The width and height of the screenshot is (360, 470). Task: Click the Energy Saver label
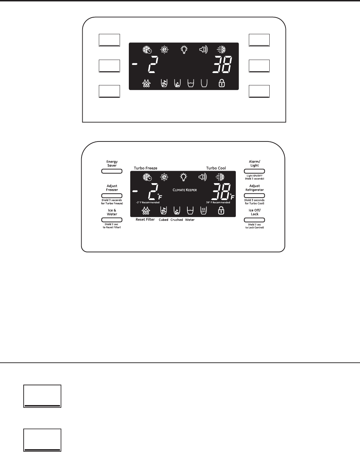[112, 164]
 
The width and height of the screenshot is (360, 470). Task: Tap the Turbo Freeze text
[145, 168]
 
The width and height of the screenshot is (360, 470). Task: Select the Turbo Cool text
[216, 168]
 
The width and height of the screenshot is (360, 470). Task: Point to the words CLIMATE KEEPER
[185, 190]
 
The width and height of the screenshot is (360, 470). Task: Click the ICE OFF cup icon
[204, 211]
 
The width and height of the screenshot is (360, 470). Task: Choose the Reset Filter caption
[145, 220]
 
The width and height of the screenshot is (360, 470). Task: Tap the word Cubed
[163, 220]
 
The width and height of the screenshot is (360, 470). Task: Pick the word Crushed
[176, 220]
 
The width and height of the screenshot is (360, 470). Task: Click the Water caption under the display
[190, 220]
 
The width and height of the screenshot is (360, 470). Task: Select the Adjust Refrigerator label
[254, 188]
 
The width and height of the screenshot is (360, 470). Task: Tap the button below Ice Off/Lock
[254, 220]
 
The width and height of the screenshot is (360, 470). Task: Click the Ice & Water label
[112, 212]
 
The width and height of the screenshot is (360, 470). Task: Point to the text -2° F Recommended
[148, 203]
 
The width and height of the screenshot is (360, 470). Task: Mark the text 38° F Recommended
[218, 203]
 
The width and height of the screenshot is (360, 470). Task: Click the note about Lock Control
[254, 226]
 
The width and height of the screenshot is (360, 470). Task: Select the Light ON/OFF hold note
[254, 177]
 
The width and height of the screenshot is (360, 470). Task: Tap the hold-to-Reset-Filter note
[112, 226]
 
